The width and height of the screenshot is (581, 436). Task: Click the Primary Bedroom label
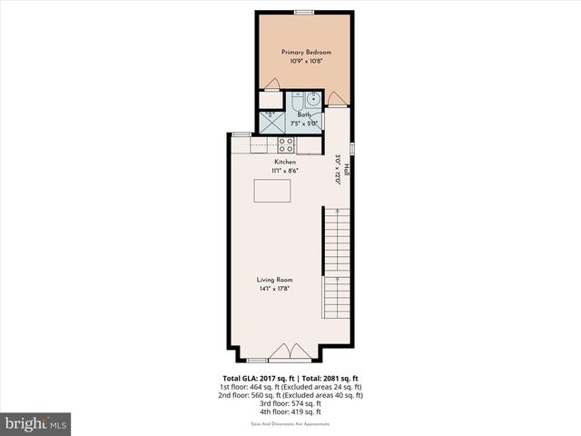click(x=306, y=53)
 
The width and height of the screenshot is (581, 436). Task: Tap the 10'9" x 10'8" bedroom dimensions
click(x=306, y=62)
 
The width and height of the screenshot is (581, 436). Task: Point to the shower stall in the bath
click(x=272, y=121)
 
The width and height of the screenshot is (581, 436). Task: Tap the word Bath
click(x=304, y=115)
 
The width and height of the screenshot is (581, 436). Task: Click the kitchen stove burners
click(x=286, y=143)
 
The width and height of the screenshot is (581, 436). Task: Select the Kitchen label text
click(x=285, y=162)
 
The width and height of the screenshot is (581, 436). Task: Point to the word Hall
click(x=346, y=168)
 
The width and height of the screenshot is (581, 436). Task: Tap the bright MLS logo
click(x=36, y=423)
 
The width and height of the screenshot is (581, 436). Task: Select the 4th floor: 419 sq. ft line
click(x=291, y=411)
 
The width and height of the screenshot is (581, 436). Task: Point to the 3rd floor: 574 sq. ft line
click(x=291, y=402)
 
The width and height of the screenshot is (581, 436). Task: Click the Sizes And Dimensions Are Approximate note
click(x=291, y=423)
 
